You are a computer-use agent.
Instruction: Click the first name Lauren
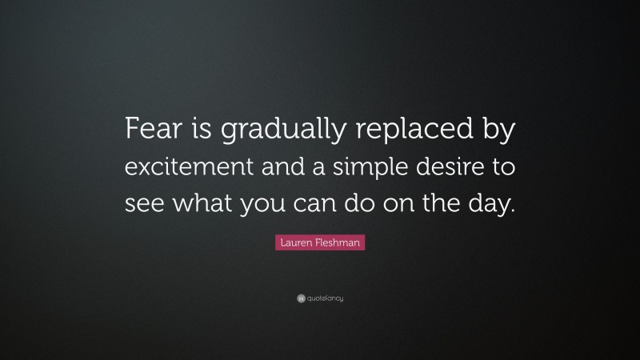pos(298,242)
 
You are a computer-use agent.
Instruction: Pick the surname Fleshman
pos(339,242)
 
